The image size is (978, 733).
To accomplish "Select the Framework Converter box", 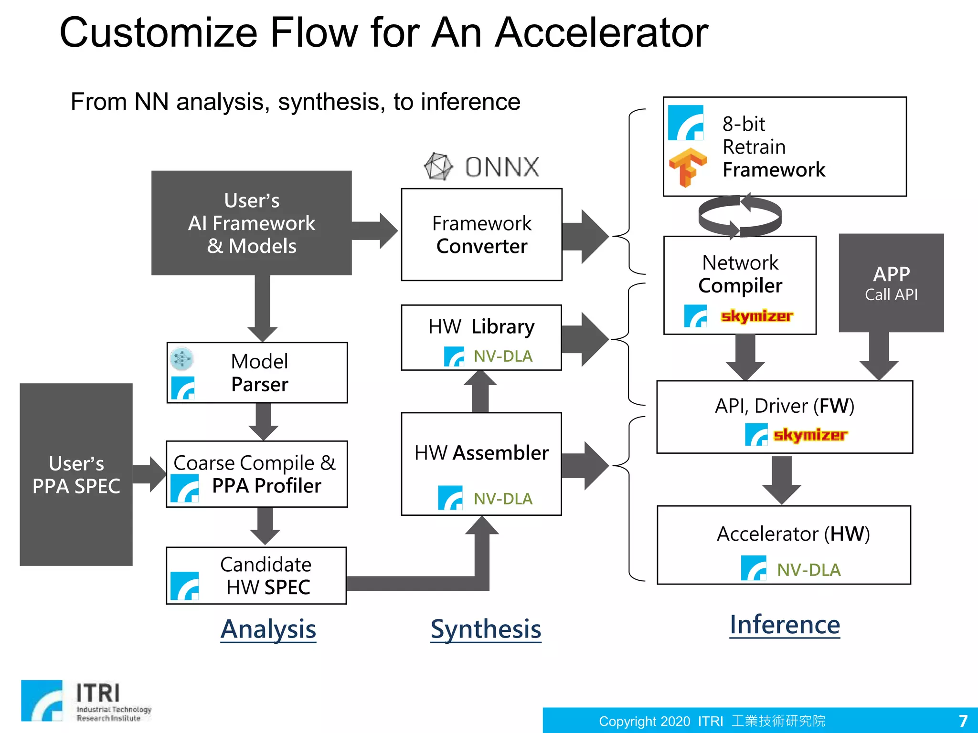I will [481, 234].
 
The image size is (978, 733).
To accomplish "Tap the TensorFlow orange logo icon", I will [687, 167].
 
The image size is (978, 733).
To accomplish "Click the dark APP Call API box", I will [891, 283].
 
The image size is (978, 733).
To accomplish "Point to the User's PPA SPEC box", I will [76, 474].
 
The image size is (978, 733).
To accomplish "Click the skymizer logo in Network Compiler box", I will [756, 316].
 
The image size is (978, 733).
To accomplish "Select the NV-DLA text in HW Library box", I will [503, 356].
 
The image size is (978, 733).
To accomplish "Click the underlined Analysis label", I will [268, 629].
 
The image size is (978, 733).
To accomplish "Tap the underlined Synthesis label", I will [486, 629].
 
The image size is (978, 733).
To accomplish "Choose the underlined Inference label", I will [785, 625].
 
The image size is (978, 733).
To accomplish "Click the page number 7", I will [963, 721].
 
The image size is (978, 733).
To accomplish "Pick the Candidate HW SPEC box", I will [256, 576].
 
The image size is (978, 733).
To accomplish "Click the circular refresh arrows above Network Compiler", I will [740, 216].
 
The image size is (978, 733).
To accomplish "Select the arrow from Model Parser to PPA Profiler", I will [264, 421].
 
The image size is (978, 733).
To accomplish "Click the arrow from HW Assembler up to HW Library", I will [480, 391].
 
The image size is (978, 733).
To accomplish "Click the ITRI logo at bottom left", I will [86, 701].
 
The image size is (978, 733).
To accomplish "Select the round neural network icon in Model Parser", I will [182, 359].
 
